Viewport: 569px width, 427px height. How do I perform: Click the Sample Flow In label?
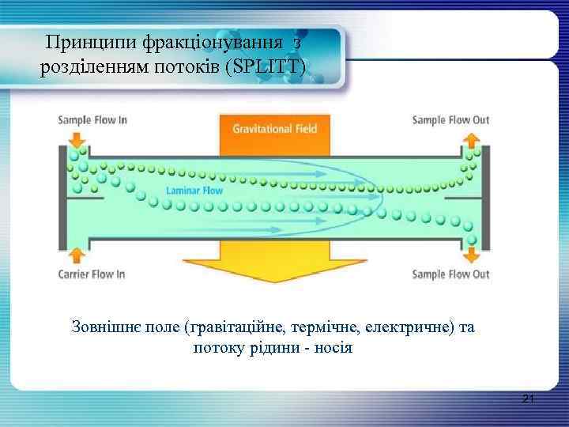(92, 120)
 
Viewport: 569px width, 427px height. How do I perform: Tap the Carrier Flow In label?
(92, 274)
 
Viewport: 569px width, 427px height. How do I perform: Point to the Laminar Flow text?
(194, 191)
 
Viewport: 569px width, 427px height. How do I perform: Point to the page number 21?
(529, 401)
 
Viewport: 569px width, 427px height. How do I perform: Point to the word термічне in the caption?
(326, 327)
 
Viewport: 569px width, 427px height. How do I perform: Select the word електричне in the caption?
(410, 327)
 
